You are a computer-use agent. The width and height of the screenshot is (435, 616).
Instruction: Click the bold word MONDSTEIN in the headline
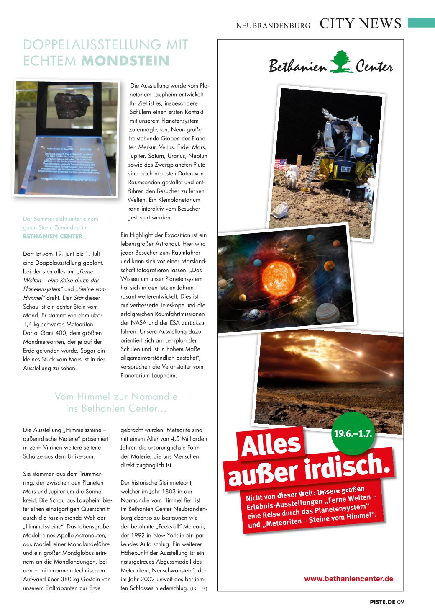pos(125,61)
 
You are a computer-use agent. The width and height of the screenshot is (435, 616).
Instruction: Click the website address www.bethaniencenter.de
pos(348,579)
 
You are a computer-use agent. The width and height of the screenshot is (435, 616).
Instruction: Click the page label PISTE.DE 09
pos(387,602)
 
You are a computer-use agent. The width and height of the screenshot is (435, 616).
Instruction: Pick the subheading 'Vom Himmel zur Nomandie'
pos(116,396)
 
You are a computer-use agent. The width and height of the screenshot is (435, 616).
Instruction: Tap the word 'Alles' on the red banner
pos(271,447)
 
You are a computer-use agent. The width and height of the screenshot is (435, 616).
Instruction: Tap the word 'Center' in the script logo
pos(374,67)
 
